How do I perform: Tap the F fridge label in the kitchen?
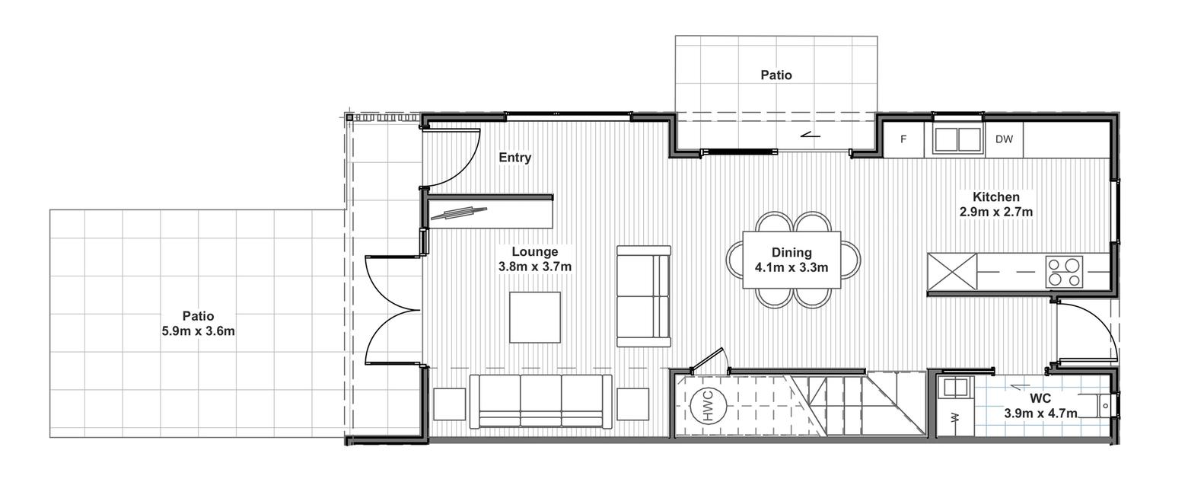(903, 139)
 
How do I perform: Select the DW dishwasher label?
(1003, 139)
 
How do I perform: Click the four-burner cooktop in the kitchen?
(1064, 272)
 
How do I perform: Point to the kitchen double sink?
(957, 139)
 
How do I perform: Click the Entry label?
(514, 158)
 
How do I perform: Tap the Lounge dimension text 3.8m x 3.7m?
(534, 267)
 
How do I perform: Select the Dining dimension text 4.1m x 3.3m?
(791, 267)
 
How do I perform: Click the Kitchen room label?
(996, 196)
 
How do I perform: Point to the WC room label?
(1040, 398)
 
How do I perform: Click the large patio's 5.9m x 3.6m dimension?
(199, 331)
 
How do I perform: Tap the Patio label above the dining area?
(776, 75)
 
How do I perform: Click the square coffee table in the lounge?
(535, 318)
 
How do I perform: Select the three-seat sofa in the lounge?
(540, 401)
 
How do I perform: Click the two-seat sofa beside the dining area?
(644, 296)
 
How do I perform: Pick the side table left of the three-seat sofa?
(450, 404)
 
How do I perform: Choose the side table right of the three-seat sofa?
(632, 404)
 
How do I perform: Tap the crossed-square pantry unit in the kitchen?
(952, 272)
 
